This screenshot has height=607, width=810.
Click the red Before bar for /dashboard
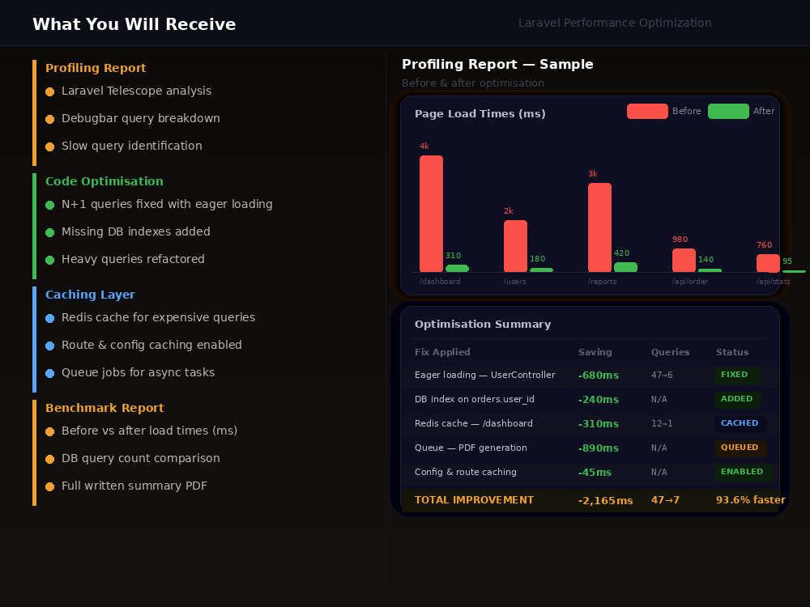[431, 214]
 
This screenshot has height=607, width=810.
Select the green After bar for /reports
[625, 267]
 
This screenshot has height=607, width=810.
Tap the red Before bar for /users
[515, 246]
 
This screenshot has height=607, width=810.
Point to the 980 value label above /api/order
[680, 240]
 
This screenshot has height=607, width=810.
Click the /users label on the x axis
[514, 282]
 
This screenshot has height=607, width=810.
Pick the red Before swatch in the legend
[647, 111]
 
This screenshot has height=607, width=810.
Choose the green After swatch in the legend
[728, 111]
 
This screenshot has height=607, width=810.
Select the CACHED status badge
[740, 423]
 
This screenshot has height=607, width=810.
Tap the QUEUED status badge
[740, 448]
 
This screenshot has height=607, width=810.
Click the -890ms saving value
[599, 448]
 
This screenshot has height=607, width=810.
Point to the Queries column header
[670, 352]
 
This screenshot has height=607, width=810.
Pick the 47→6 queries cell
[662, 376]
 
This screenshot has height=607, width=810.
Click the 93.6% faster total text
[751, 499]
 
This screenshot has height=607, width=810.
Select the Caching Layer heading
[90, 295]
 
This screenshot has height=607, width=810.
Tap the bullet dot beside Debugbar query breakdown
[49, 119]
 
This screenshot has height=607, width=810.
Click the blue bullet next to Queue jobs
[49, 373]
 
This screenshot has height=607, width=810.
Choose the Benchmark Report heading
[104, 408]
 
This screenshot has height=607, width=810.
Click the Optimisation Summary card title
[483, 325]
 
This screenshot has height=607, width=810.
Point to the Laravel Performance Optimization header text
[615, 23]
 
